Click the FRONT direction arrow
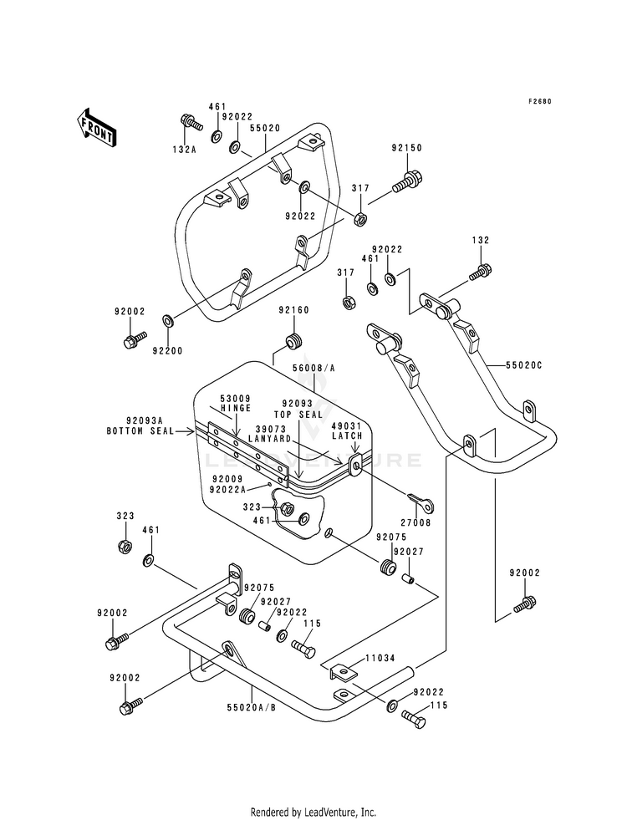coord(96,127)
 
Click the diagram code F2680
coord(539,101)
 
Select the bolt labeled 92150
coord(407,181)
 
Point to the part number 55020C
coord(523,365)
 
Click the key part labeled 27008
coord(422,502)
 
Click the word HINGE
coord(236,408)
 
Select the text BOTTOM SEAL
coord(140,431)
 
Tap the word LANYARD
coord(269,438)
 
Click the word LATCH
coord(347,435)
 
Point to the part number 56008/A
coord(313,368)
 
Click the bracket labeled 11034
coord(343,670)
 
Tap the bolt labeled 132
coord(480,272)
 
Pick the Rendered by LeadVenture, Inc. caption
coord(313,812)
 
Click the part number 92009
coord(227,478)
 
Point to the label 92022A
coord(227,490)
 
